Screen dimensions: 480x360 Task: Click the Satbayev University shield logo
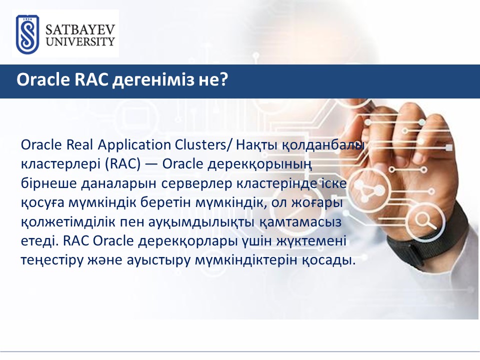27,34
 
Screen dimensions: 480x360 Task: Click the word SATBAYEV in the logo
80,30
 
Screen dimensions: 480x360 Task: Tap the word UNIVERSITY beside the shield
80,41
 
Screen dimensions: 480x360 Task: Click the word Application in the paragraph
134,145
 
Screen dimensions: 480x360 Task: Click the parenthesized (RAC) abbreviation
122,164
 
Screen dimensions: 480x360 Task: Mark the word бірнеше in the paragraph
48,183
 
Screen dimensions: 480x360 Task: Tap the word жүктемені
311,241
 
